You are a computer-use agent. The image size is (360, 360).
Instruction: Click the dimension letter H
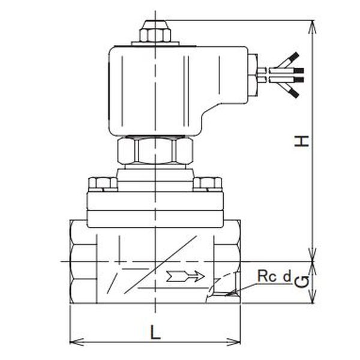click(301, 141)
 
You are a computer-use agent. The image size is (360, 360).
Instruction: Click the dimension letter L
click(155, 332)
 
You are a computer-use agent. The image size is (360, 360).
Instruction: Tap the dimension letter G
click(301, 282)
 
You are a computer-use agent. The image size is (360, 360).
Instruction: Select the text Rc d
click(274, 276)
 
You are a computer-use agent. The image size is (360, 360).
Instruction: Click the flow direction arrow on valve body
click(185, 276)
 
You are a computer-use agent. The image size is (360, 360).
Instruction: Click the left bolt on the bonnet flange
click(103, 184)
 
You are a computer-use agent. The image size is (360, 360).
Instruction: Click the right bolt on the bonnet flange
click(208, 184)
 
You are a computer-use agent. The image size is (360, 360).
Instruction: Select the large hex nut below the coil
click(155, 151)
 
